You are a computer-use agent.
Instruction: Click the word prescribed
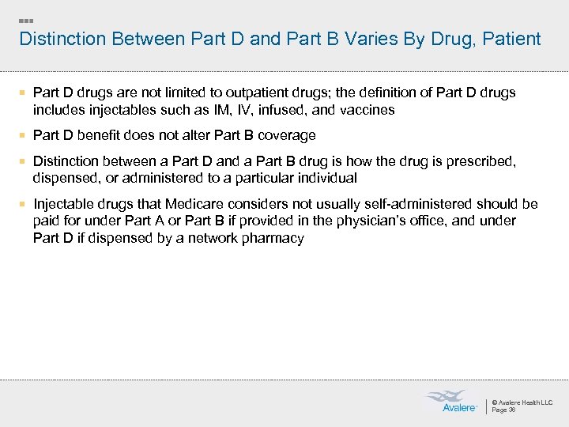tap(478, 161)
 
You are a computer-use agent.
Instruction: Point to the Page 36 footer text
tap(503, 410)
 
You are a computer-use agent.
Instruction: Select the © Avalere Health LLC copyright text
tap(522, 402)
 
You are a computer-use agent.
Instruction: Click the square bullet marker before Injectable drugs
tap(24, 204)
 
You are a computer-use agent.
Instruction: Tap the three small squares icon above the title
tap(26, 19)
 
